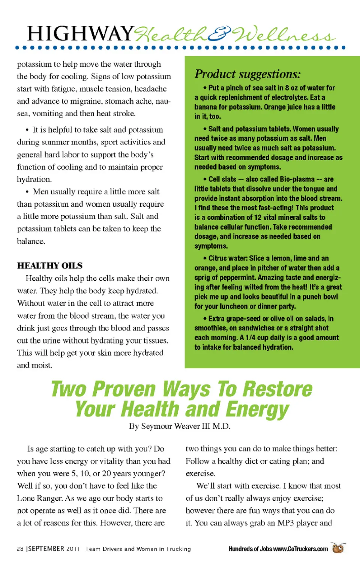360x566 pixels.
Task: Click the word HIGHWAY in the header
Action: point(80,34)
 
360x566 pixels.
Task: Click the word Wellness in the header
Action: point(283,35)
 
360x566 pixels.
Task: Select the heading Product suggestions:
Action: point(247,74)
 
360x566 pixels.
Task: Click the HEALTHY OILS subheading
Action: point(49,266)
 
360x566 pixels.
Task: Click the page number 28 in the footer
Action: point(20,549)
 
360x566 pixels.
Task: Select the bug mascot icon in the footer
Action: point(338,548)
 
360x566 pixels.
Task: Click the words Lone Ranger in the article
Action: point(40,498)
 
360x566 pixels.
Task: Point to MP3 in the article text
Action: point(285,523)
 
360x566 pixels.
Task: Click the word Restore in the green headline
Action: point(277,389)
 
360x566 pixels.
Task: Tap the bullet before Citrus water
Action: point(205,258)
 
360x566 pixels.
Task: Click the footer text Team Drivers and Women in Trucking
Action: point(138,549)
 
